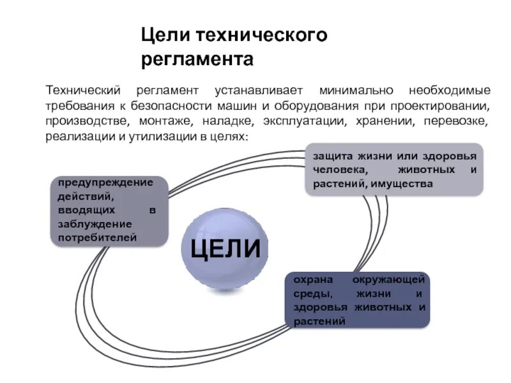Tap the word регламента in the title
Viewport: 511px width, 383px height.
coord(197,60)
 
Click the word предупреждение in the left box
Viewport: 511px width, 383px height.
coord(106,182)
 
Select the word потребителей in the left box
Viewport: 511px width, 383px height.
coord(97,237)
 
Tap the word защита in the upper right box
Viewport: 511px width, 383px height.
coord(332,156)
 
